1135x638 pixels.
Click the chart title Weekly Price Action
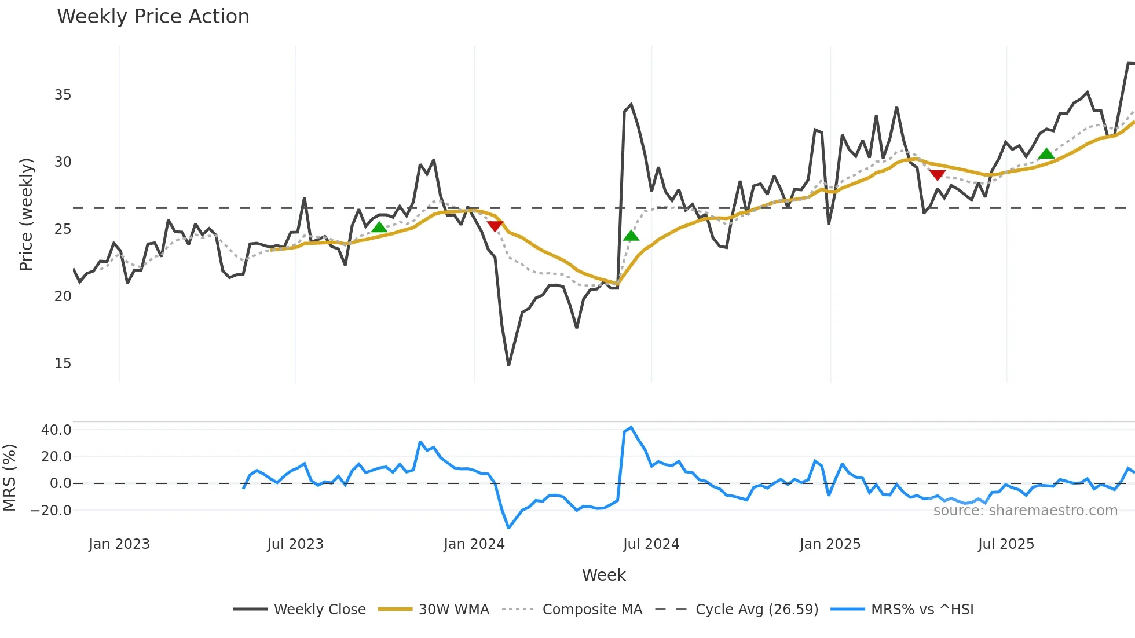153,17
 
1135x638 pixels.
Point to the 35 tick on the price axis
63,95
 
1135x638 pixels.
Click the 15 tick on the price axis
63,364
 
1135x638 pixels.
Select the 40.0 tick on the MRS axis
56,430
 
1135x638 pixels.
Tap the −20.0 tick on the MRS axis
51,511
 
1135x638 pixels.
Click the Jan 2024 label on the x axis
474,544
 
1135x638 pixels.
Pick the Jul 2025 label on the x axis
1006,544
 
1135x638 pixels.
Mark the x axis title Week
603,575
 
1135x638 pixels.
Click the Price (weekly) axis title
26,214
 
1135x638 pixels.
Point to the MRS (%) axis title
9,478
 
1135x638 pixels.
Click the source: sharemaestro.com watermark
1025,511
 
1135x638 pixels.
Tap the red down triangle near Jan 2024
495,226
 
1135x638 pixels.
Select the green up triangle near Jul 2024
631,236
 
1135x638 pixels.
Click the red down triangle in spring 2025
937,175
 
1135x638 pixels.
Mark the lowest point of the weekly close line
508,365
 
